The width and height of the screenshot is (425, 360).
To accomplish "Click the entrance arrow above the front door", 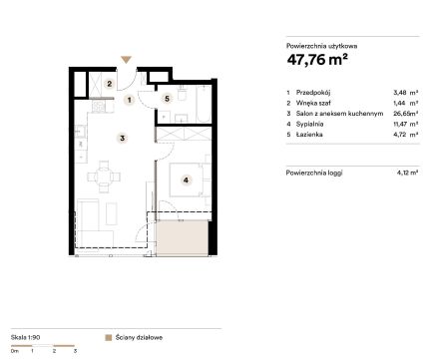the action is [x=126, y=60].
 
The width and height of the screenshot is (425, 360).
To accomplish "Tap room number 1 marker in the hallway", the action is [x=129, y=100].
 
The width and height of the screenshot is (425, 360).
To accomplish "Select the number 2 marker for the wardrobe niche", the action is [x=110, y=84].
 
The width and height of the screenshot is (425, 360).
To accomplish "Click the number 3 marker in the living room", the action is [x=122, y=138].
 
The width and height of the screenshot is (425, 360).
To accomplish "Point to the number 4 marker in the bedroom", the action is [x=186, y=180].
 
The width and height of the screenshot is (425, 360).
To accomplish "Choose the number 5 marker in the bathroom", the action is [x=167, y=99].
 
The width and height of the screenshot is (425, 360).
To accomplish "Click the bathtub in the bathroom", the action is [x=204, y=104].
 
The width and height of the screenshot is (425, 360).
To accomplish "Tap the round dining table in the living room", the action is [x=104, y=177].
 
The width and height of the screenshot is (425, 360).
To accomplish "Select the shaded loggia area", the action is [x=183, y=238].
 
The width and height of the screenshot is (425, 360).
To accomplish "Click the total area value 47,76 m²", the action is [x=317, y=60].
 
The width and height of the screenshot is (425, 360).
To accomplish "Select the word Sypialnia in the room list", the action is [x=309, y=124].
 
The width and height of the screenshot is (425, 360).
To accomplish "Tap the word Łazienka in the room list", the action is [x=309, y=135].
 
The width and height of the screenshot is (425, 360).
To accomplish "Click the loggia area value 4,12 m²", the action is [x=407, y=173].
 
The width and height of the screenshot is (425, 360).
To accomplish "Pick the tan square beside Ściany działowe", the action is [x=108, y=338].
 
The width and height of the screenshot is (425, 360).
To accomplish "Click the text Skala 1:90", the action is [x=25, y=337].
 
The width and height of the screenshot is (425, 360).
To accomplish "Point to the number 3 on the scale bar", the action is [x=75, y=351].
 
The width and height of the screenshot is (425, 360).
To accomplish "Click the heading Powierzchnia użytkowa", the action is [x=321, y=46].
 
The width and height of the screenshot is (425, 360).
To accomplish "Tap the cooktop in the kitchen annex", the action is [x=99, y=107].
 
